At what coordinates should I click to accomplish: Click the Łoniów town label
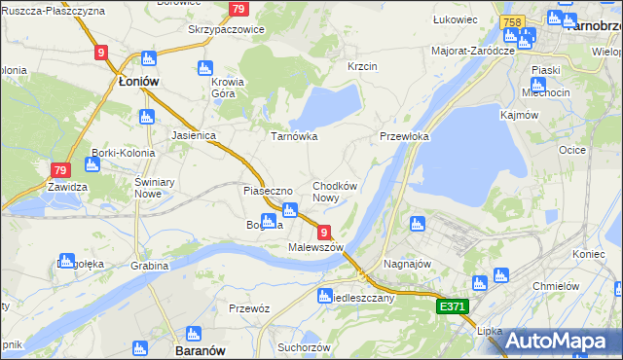point(138,83)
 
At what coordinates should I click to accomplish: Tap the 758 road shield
point(511,21)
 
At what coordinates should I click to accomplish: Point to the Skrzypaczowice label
point(227,30)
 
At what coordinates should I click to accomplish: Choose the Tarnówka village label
point(294,137)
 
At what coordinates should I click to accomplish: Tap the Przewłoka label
point(405,137)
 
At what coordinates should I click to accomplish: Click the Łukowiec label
point(455,18)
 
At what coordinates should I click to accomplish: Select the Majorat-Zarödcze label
point(472,50)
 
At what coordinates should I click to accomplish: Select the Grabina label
point(150,265)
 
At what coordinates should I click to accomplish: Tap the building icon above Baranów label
point(139,346)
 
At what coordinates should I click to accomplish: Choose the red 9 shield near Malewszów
point(322,232)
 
